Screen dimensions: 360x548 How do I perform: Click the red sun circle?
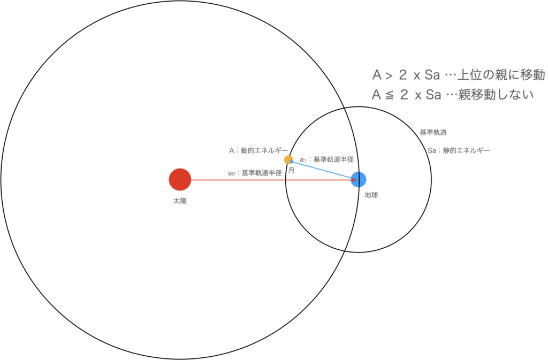[x=180, y=180]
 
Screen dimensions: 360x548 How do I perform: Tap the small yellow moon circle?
[x=288, y=159]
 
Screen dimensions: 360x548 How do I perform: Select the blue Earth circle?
[x=358, y=180]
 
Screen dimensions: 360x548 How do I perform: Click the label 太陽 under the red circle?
[x=180, y=201]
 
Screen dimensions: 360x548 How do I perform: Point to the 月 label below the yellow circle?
[x=291, y=170]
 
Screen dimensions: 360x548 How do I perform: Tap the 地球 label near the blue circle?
[x=371, y=195]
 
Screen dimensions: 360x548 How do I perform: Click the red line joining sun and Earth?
[x=257, y=180]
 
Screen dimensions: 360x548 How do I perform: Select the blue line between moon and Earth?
[x=321, y=169]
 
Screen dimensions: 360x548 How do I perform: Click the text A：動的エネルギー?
[x=258, y=150]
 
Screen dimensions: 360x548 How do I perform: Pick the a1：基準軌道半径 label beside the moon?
[x=326, y=159]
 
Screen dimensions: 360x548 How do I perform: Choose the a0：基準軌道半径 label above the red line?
[x=255, y=173]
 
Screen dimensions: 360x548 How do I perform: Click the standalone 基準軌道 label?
[x=433, y=132]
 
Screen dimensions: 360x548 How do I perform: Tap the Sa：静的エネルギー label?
[x=459, y=151]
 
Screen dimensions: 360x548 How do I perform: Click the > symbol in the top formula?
[x=390, y=75]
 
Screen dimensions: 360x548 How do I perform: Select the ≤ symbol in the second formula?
[x=390, y=95]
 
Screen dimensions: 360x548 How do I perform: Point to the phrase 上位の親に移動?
[x=501, y=75]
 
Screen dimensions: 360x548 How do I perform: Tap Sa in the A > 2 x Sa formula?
[x=432, y=75]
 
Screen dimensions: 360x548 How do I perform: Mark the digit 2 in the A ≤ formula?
[x=404, y=95]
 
